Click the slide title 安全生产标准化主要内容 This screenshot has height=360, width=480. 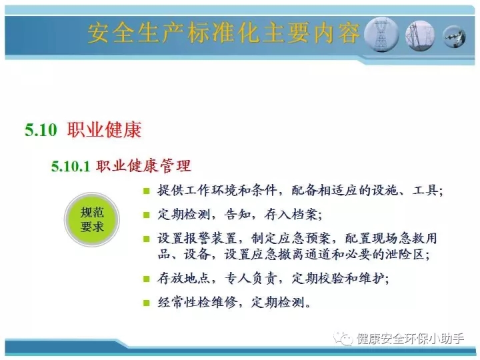[x=224, y=33]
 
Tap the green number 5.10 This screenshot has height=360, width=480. [x=41, y=130]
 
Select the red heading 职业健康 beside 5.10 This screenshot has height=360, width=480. [x=105, y=129]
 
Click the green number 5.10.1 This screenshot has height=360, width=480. [x=71, y=166]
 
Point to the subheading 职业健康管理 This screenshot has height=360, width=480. [x=143, y=166]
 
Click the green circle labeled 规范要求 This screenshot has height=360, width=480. [x=92, y=219]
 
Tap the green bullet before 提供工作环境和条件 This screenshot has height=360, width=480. [x=146, y=191]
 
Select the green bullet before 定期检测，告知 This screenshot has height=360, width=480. [x=146, y=215]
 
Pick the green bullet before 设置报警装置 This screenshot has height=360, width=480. [x=146, y=239]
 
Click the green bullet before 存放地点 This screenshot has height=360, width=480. [x=146, y=279]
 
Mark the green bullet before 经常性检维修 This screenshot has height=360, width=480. [x=146, y=303]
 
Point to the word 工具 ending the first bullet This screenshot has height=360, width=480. [x=425, y=191]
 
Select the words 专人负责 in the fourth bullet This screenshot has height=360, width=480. [x=251, y=279]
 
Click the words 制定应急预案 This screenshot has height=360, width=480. [x=291, y=239]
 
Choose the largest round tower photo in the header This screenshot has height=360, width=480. [x=381, y=34]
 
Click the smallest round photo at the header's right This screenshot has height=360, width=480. [x=454, y=37]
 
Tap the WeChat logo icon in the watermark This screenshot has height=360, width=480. [x=343, y=339]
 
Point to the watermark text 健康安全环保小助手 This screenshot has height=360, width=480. [x=410, y=339]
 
